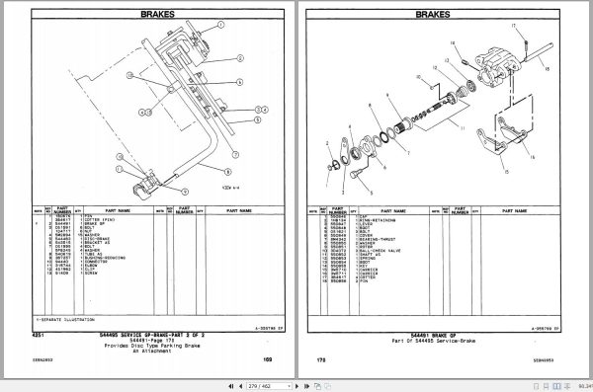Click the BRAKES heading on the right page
pos(443,17)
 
